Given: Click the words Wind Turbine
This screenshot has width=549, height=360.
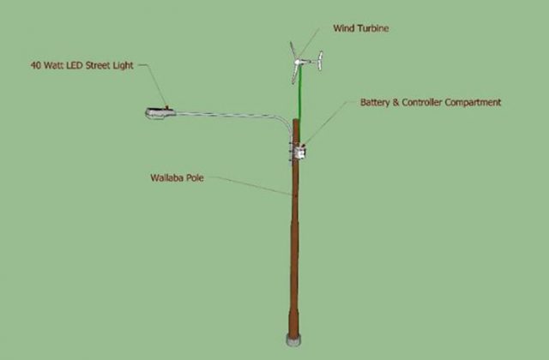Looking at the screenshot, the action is point(360,28).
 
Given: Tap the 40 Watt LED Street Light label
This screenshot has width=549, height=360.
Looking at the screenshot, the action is point(82,65).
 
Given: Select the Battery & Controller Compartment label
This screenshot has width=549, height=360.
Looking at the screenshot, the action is point(431,103).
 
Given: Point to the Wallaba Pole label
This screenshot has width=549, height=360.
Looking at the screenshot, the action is point(177,177).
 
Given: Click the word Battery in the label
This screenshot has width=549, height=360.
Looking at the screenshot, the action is point(375,103).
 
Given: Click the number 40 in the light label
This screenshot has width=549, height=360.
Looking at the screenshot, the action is point(35,65).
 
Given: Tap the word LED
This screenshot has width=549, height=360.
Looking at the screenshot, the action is point(75,65).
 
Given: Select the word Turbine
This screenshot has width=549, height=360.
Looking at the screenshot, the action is point(375,28).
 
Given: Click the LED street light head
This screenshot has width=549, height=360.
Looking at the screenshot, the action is point(160,112).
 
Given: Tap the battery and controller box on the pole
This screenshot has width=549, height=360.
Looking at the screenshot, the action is point(299,153).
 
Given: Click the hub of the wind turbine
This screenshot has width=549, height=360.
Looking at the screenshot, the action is point(298,63).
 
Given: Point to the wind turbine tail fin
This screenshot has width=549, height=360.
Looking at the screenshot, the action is point(320,61).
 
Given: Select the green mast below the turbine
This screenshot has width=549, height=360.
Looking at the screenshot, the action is point(299,93).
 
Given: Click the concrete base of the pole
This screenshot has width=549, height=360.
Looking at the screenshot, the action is point(293,340).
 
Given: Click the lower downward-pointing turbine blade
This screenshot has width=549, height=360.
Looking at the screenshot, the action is point(295,75).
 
